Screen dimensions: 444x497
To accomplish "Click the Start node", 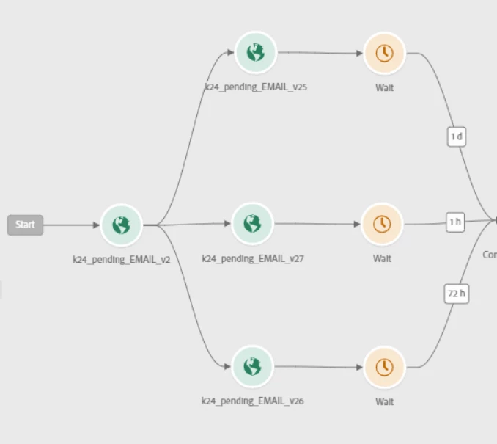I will pyautogui.click(x=25, y=225).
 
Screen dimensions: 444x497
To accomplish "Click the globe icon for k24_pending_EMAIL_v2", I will pyautogui.click(x=121, y=225).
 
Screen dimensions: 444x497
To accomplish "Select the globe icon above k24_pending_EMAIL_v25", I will pyautogui.click(x=255, y=52).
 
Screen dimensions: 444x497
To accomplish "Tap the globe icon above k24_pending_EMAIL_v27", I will pyautogui.click(x=252, y=223).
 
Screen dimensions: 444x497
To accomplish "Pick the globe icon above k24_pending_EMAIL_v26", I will pyautogui.click(x=252, y=366).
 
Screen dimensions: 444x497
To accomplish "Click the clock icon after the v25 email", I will pyautogui.click(x=384, y=53).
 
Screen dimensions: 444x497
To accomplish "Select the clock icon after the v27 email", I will pyautogui.click(x=382, y=224).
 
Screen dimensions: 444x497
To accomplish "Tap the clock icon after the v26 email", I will pyautogui.click(x=384, y=367).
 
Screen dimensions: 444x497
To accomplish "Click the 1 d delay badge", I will pyautogui.click(x=456, y=137).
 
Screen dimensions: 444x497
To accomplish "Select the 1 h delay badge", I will pyautogui.click(x=455, y=222).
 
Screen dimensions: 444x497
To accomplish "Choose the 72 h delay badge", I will pyautogui.click(x=456, y=294).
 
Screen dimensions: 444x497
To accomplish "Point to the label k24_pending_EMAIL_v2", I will pyautogui.click(x=121, y=259).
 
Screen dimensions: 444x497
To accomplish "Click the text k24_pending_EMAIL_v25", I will pyautogui.click(x=255, y=87).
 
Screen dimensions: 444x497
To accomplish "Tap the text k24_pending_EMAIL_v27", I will pyautogui.click(x=252, y=258).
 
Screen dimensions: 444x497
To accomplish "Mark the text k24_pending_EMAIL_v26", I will pyautogui.click(x=252, y=401).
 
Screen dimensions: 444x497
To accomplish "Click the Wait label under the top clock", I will pyautogui.click(x=384, y=87).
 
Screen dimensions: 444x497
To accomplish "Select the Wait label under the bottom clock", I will pyautogui.click(x=384, y=401).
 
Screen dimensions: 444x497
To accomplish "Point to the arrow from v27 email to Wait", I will pyautogui.click(x=317, y=224).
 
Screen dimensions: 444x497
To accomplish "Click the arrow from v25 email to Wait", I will pyautogui.click(x=320, y=53).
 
